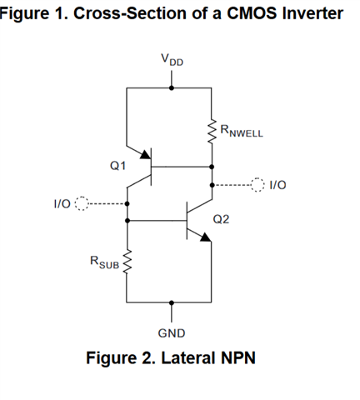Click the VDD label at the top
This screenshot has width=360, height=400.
(172, 60)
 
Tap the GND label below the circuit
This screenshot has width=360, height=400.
(172, 333)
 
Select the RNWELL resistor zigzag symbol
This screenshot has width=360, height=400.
(212, 132)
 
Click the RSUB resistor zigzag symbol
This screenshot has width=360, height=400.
(127, 262)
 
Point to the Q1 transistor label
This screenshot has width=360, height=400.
(117, 166)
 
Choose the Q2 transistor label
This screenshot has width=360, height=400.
(221, 219)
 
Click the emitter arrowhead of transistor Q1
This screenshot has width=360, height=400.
(145, 154)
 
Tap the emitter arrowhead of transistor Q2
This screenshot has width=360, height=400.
(205, 237)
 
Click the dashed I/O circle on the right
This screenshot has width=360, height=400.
(257, 184)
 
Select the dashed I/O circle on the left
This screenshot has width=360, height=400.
(82, 203)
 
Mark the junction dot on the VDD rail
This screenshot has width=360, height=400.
(172, 87)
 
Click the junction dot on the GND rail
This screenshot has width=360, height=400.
(172, 302)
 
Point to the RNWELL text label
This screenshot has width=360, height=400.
(242, 131)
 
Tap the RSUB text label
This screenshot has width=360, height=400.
(104, 262)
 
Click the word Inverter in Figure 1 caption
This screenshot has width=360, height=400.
(312, 13)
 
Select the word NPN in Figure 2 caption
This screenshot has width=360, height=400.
(238, 357)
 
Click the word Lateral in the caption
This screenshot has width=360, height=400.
(188, 357)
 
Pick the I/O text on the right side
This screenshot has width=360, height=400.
(277, 185)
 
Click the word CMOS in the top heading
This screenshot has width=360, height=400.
(252, 13)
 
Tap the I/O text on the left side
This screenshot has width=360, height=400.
(62, 204)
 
